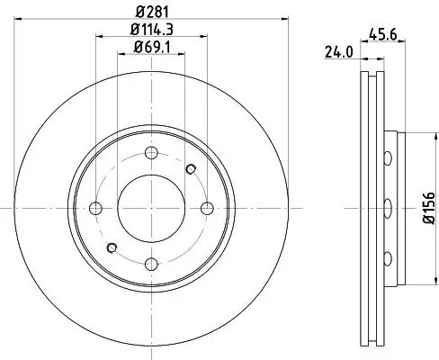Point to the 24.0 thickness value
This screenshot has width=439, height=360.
pyautogui.click(x=338, y=53)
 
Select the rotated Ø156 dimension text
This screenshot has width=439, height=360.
pyautogui.click(x=426, y=209)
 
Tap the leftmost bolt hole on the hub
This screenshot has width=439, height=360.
pyautogui.click(x=95, y=209)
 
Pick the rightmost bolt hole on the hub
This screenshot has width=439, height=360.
pyautogui.click(x=207, y=209)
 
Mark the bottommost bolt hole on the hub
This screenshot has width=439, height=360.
pyautogui.click(x=151, y=264)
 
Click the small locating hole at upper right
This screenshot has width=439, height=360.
pyautogui.click(x=190, y=168)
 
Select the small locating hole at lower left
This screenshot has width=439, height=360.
pyautogui.click(x=112, y=247)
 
